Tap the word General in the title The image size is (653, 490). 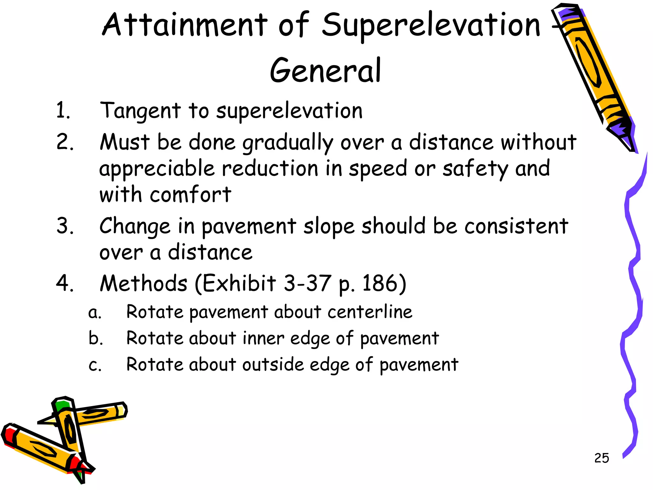(325, 71)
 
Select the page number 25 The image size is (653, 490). (601, 458)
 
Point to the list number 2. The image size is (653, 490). (65, 142)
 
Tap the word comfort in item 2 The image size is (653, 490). (190, 195)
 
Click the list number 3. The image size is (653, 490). (65, 226)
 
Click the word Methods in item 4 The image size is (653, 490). (143, 283)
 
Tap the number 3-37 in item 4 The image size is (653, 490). (307, 283)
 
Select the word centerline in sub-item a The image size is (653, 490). (370, 312)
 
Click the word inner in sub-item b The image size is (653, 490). (263, 338)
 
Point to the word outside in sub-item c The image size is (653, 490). (273, 365)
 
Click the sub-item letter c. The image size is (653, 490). (95, 365)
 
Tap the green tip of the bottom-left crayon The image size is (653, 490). (61, 406)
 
